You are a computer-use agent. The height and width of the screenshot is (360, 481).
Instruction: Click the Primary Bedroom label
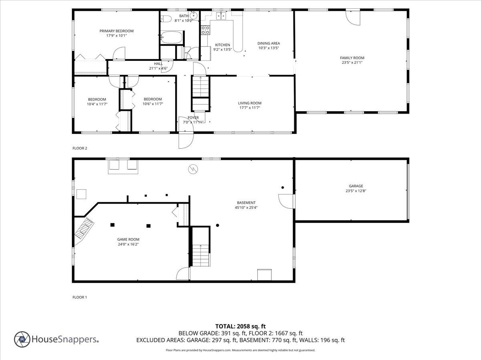pos(116,31)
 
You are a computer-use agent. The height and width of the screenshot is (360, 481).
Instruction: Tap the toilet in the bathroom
pos(166,18)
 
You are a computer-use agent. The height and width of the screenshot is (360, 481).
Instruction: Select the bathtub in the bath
pos(172,38)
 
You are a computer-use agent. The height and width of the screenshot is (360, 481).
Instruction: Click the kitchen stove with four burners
pos(205,29)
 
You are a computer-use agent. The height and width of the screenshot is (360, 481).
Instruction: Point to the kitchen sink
pos(221,16)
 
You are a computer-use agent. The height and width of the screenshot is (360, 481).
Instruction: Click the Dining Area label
pos(268,43)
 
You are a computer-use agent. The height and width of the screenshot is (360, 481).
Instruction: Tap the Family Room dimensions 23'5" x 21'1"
pos(352,62)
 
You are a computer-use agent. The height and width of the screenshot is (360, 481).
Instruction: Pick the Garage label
pos(356,186)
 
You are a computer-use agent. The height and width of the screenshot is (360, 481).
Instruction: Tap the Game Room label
pos(128,239)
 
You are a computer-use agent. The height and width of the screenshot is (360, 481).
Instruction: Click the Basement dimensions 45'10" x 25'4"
pos(246,207)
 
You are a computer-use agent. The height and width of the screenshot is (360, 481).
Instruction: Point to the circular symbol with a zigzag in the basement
pos(193,170)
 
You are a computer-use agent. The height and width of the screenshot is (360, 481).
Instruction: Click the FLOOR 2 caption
pos(79,148)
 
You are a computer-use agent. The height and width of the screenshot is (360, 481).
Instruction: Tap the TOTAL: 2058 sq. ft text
pos(240,326)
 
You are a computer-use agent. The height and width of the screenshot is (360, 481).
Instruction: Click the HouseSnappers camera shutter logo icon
pos(22,339)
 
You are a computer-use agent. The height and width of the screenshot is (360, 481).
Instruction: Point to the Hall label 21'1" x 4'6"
pos(158,66)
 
